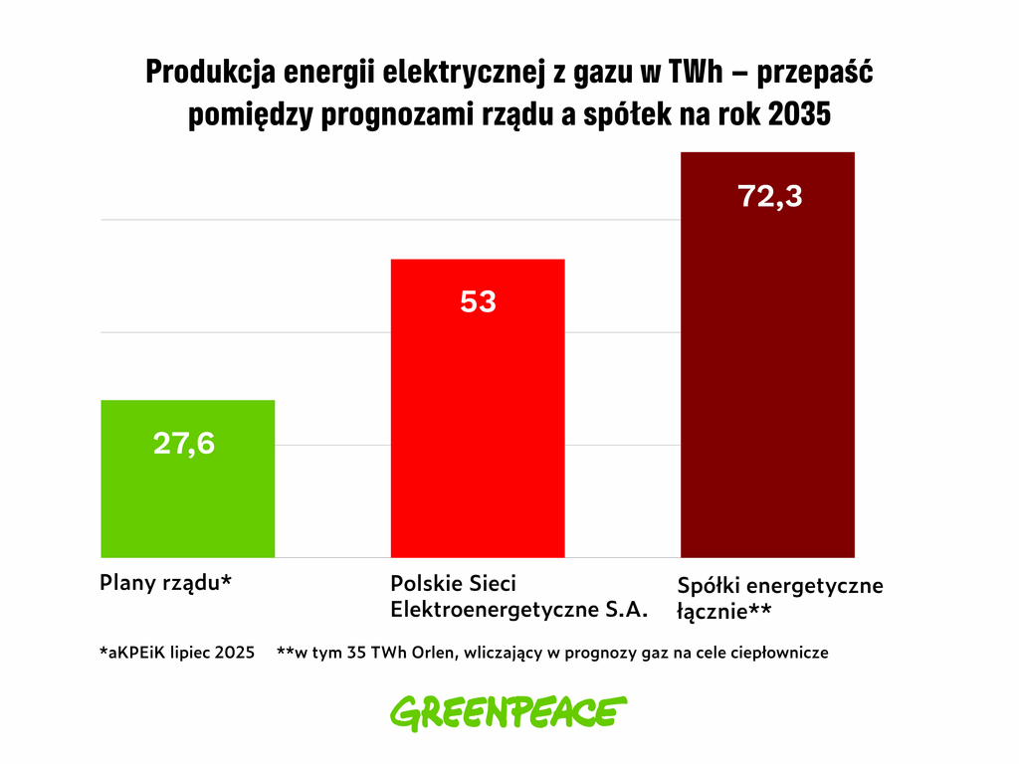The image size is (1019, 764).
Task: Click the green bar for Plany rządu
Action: (x=187, y=497)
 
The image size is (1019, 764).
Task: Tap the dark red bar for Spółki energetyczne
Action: (x=768, y=378)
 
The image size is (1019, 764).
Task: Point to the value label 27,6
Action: (x=184, y=444)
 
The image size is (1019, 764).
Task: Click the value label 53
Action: (x=478, y=301)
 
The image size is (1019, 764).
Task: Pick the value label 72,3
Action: (x=770, y=196)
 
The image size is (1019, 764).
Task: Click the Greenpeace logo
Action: (x=509, y=712)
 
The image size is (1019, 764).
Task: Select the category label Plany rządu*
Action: (x=165, y=584)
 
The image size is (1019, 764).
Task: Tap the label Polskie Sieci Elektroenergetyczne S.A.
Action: (x=519, y=597)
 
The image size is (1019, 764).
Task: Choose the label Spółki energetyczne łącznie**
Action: (x=779, y=598)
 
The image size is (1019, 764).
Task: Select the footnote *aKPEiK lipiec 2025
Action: (x=176, y=654)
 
